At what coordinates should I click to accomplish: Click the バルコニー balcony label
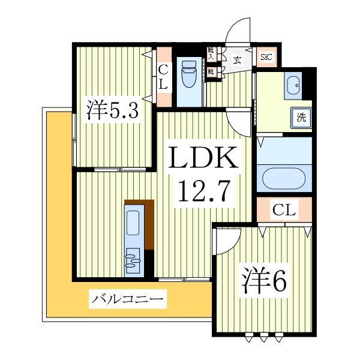127,298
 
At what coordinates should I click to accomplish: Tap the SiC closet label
266,58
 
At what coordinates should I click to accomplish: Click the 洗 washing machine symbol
301,117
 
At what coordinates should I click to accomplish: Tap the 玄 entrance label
238,59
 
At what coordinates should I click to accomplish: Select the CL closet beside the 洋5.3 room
163,78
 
